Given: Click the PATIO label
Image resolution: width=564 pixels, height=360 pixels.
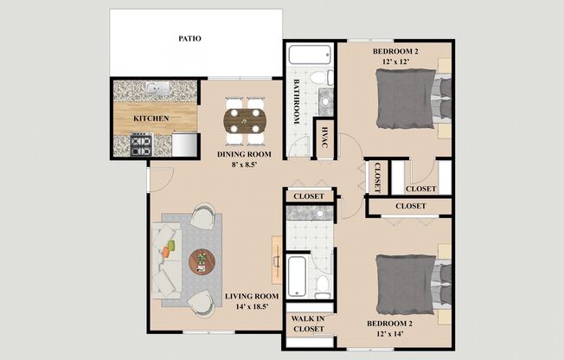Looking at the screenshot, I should pyautogui.click(x=189, y=39).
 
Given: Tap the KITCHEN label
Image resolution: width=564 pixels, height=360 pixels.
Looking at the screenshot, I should pyautogui.click(x=151, y=118).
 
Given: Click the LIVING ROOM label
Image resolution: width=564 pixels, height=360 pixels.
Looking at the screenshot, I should pyautogui.click(x=252, y=296).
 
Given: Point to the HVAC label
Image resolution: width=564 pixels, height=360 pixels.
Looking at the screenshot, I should pyautogui.click(x=325, y=138).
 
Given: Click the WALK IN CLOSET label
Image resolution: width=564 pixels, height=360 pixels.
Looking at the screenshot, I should pyautogui.click(x=309, y=323).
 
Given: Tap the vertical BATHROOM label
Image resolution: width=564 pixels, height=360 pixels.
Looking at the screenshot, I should pyautogui.click(x=296, y=100).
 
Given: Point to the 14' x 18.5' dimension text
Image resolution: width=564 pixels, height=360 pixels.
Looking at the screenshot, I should pyautogui.click(x=252, y=306).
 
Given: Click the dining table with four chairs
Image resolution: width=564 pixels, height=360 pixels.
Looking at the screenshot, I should pyautogui.click(x=244, y=119).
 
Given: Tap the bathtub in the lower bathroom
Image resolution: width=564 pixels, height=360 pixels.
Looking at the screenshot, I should pyautogui.click(x=294, y=275).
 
